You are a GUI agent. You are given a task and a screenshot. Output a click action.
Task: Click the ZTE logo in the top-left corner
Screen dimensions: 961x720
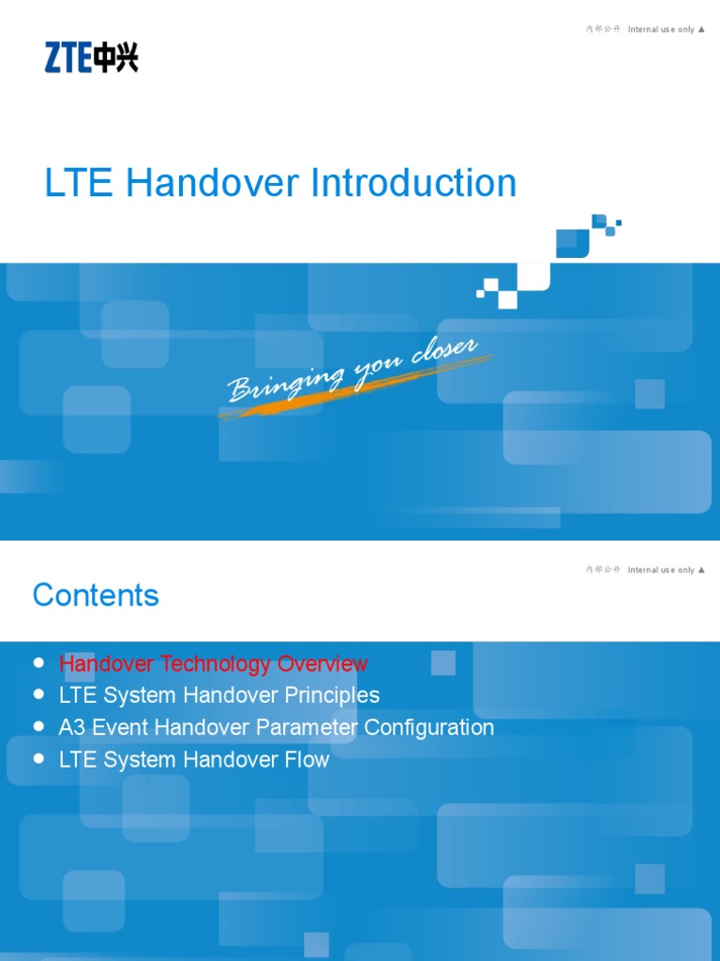[91, 57]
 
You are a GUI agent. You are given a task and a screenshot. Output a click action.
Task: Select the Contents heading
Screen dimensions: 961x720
[96, 595]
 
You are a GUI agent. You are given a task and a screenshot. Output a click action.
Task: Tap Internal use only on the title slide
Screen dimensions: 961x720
[661, 29]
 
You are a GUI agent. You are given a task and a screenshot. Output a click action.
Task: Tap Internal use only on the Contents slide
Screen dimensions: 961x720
[661, 570]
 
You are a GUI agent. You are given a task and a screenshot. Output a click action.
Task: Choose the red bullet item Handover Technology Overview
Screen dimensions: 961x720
[213, 664]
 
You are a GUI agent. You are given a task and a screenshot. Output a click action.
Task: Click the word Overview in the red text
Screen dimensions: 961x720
[322, 664]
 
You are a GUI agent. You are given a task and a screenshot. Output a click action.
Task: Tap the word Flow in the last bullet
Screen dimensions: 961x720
[309, 759]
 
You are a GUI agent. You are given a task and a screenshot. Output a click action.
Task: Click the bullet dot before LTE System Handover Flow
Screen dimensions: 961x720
[39, 758]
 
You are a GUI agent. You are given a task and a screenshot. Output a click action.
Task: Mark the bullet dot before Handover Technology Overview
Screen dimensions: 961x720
[39, 663]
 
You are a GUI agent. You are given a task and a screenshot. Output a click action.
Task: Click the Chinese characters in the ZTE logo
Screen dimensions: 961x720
[116, 57]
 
